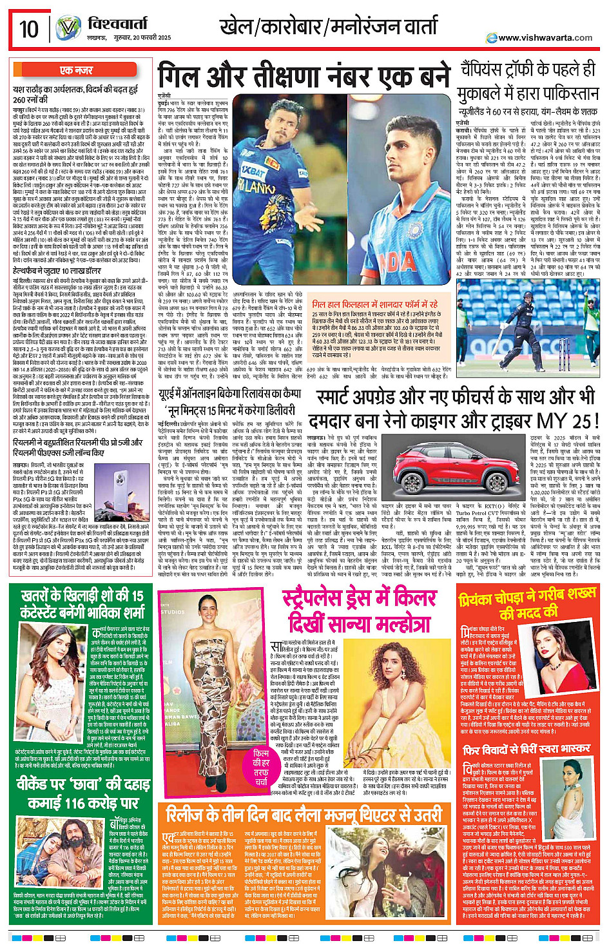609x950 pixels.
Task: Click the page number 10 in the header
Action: [x=29, y=29]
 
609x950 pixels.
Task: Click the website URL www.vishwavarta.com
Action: [x=545, y=38]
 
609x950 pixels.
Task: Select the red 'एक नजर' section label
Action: [x=77, y=70]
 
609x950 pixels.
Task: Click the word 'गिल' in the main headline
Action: [x=187, y=76]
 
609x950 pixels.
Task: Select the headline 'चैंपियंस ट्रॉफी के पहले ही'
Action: [x=527, y=70]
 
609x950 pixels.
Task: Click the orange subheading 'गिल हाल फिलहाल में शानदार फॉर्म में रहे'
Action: [x=374, y=304]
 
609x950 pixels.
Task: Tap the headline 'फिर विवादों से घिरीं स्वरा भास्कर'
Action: [x=527, y=750]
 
